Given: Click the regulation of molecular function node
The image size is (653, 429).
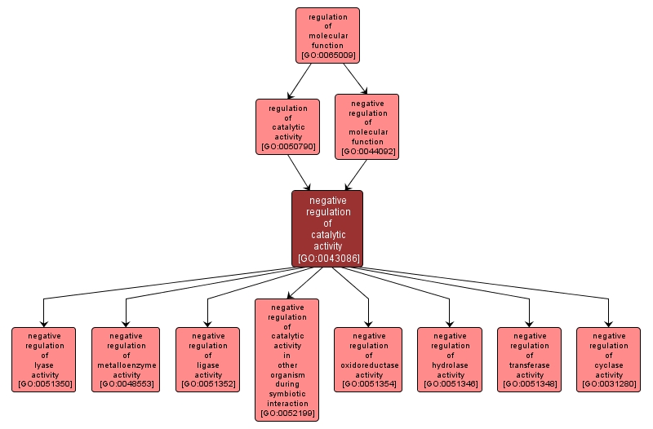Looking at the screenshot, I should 327,35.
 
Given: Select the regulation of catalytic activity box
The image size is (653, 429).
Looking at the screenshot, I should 287,126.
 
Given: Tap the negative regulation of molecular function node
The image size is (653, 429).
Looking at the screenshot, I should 366,126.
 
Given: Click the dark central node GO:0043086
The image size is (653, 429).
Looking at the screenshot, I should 327,228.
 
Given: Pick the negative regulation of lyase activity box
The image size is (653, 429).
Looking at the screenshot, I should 43,360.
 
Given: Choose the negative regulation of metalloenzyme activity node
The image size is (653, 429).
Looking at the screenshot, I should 126,360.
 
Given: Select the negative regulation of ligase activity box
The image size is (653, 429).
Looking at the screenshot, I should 207,360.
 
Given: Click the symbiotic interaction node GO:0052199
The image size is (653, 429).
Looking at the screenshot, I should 287,360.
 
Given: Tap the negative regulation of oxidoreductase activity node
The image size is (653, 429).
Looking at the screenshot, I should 368,360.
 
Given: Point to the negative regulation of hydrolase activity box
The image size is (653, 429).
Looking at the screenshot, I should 449,360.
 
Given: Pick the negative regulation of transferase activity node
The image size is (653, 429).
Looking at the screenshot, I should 529,360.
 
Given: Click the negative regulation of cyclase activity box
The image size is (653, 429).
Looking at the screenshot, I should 608,360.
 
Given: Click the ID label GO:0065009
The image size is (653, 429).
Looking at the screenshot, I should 327,55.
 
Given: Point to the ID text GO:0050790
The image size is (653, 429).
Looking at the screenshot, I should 287,148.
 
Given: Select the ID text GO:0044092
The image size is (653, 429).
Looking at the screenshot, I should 366,152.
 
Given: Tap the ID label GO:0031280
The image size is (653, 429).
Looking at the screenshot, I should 608,383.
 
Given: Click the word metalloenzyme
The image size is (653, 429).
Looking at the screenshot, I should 126,365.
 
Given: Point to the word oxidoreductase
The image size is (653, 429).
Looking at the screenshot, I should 368,365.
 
